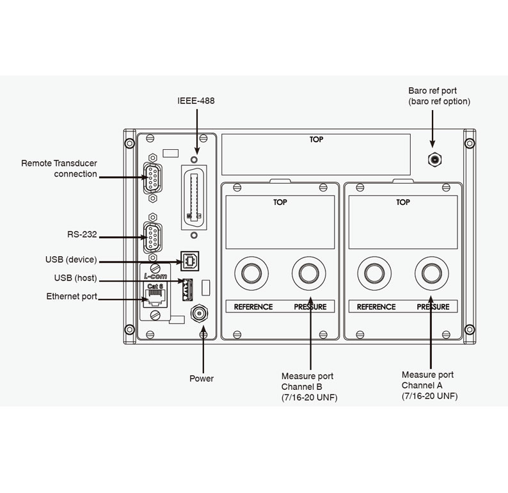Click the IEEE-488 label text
196,101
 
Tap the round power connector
199,314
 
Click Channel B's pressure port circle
306,272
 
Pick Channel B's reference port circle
249,272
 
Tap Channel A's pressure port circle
429,272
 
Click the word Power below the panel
202,378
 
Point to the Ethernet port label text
72,296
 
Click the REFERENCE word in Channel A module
376,307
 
